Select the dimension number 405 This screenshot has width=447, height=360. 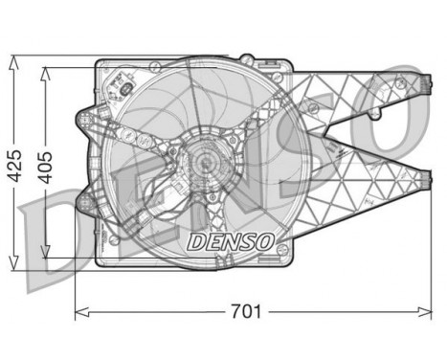[x=43, y=159]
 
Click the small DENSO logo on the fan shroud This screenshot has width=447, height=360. [x=230, y=239]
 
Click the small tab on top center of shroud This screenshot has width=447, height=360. [x=191, y=60]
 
